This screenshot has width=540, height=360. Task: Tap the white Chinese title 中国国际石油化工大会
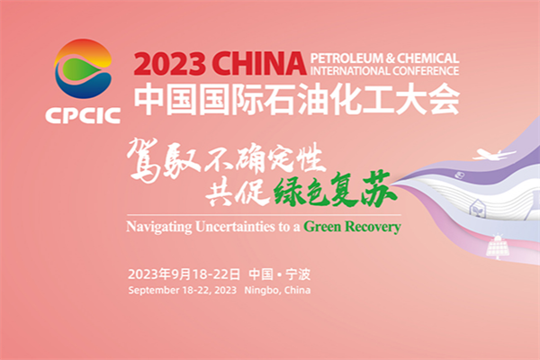pos(296,98)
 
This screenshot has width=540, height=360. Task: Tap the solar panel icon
pos(491,247)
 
